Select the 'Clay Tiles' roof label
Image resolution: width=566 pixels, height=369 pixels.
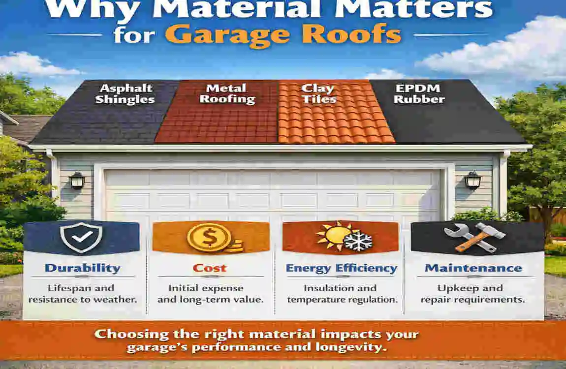click(319, 93)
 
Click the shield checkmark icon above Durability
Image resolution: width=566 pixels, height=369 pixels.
click(81, 238)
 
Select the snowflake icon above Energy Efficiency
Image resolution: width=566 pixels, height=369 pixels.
click(357, 242)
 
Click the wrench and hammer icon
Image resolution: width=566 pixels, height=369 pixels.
click(474, 238)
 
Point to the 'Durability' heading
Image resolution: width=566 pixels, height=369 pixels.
click(82, 268)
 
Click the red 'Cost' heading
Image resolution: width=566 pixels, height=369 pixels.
click(209, 268)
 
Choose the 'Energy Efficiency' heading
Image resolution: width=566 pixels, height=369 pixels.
click(342, 268)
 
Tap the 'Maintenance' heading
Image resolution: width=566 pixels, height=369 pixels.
click(473, 268)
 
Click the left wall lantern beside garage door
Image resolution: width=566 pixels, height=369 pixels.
click(77, 181)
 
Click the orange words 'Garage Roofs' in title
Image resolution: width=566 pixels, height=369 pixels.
click(283, 34)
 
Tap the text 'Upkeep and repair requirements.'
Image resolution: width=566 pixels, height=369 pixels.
click(473, 293)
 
